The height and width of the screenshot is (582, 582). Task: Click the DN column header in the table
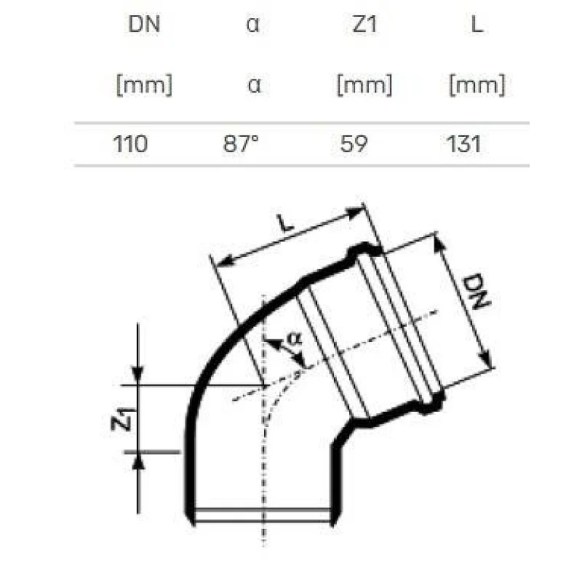pyautogui.click(x=143, y=25)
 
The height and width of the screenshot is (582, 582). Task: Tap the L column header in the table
pyautogui.click(x=477, y=25)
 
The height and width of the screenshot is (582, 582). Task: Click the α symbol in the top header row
pyautogui.click(x=253, y=25)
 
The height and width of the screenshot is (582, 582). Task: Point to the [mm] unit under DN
pyautogui.click(x=144, y=85)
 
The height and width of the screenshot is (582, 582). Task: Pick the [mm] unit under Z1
pyautogui.click(x=364, y=85)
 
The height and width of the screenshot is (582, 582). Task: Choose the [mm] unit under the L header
pyautogui.click(x=477, y=85)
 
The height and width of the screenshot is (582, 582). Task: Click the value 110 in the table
pyautogui.click(x=131, y=143)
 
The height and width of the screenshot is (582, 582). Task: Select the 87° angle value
pyautogui.click(x=241, y=143)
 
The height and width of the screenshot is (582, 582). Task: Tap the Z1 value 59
pyautogui.click(x=354, y=143)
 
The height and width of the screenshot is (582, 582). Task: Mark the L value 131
pyautogui.click(x=464, y=143)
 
